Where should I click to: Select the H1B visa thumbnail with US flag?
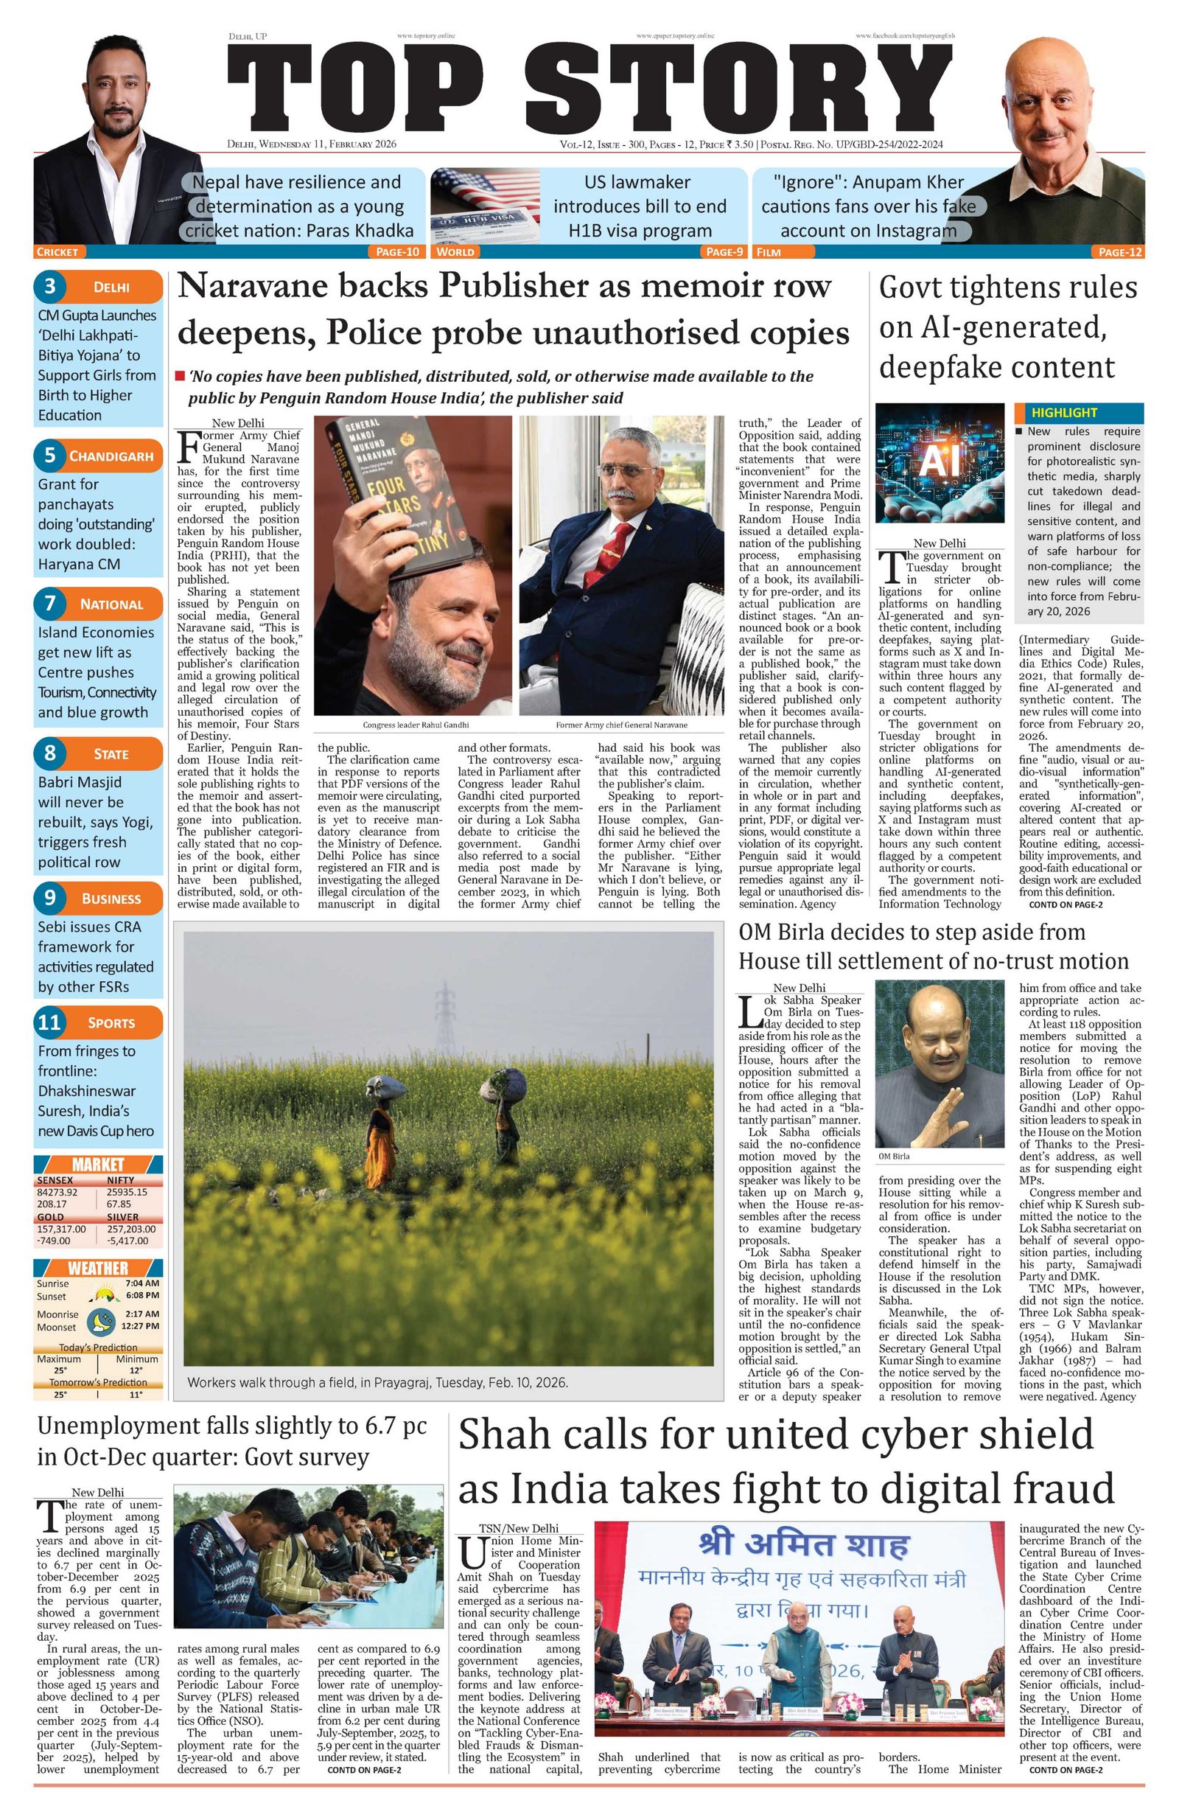point(484,206)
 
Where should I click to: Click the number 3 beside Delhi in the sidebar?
point(50,287)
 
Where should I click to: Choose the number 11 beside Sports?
point(49,1022)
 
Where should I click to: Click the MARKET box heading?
point(98,1164)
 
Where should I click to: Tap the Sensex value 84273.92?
point(57,1191)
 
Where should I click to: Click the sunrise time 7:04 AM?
point(141,1283)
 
